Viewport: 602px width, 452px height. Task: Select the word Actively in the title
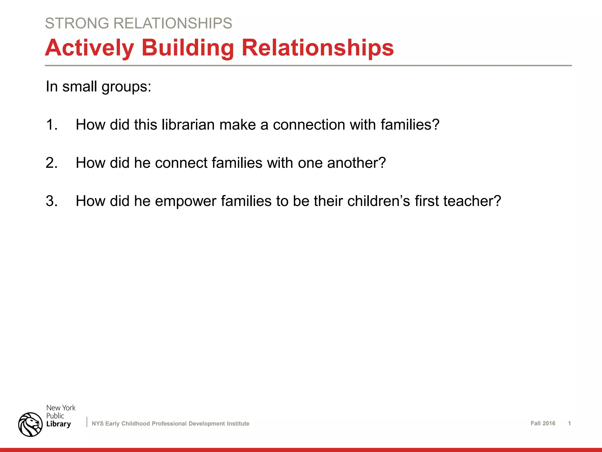pos(89,48)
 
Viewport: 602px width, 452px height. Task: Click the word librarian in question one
pos(188,125)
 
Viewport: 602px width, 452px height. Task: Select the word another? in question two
pos(356,163)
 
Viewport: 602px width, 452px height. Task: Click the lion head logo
pos(30,424)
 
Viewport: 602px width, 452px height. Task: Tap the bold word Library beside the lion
pos(58,424)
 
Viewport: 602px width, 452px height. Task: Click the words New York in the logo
pos(61,408)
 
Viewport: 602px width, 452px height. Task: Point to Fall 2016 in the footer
pos(543,423)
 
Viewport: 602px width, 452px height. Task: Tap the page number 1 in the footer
pos(569,423)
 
